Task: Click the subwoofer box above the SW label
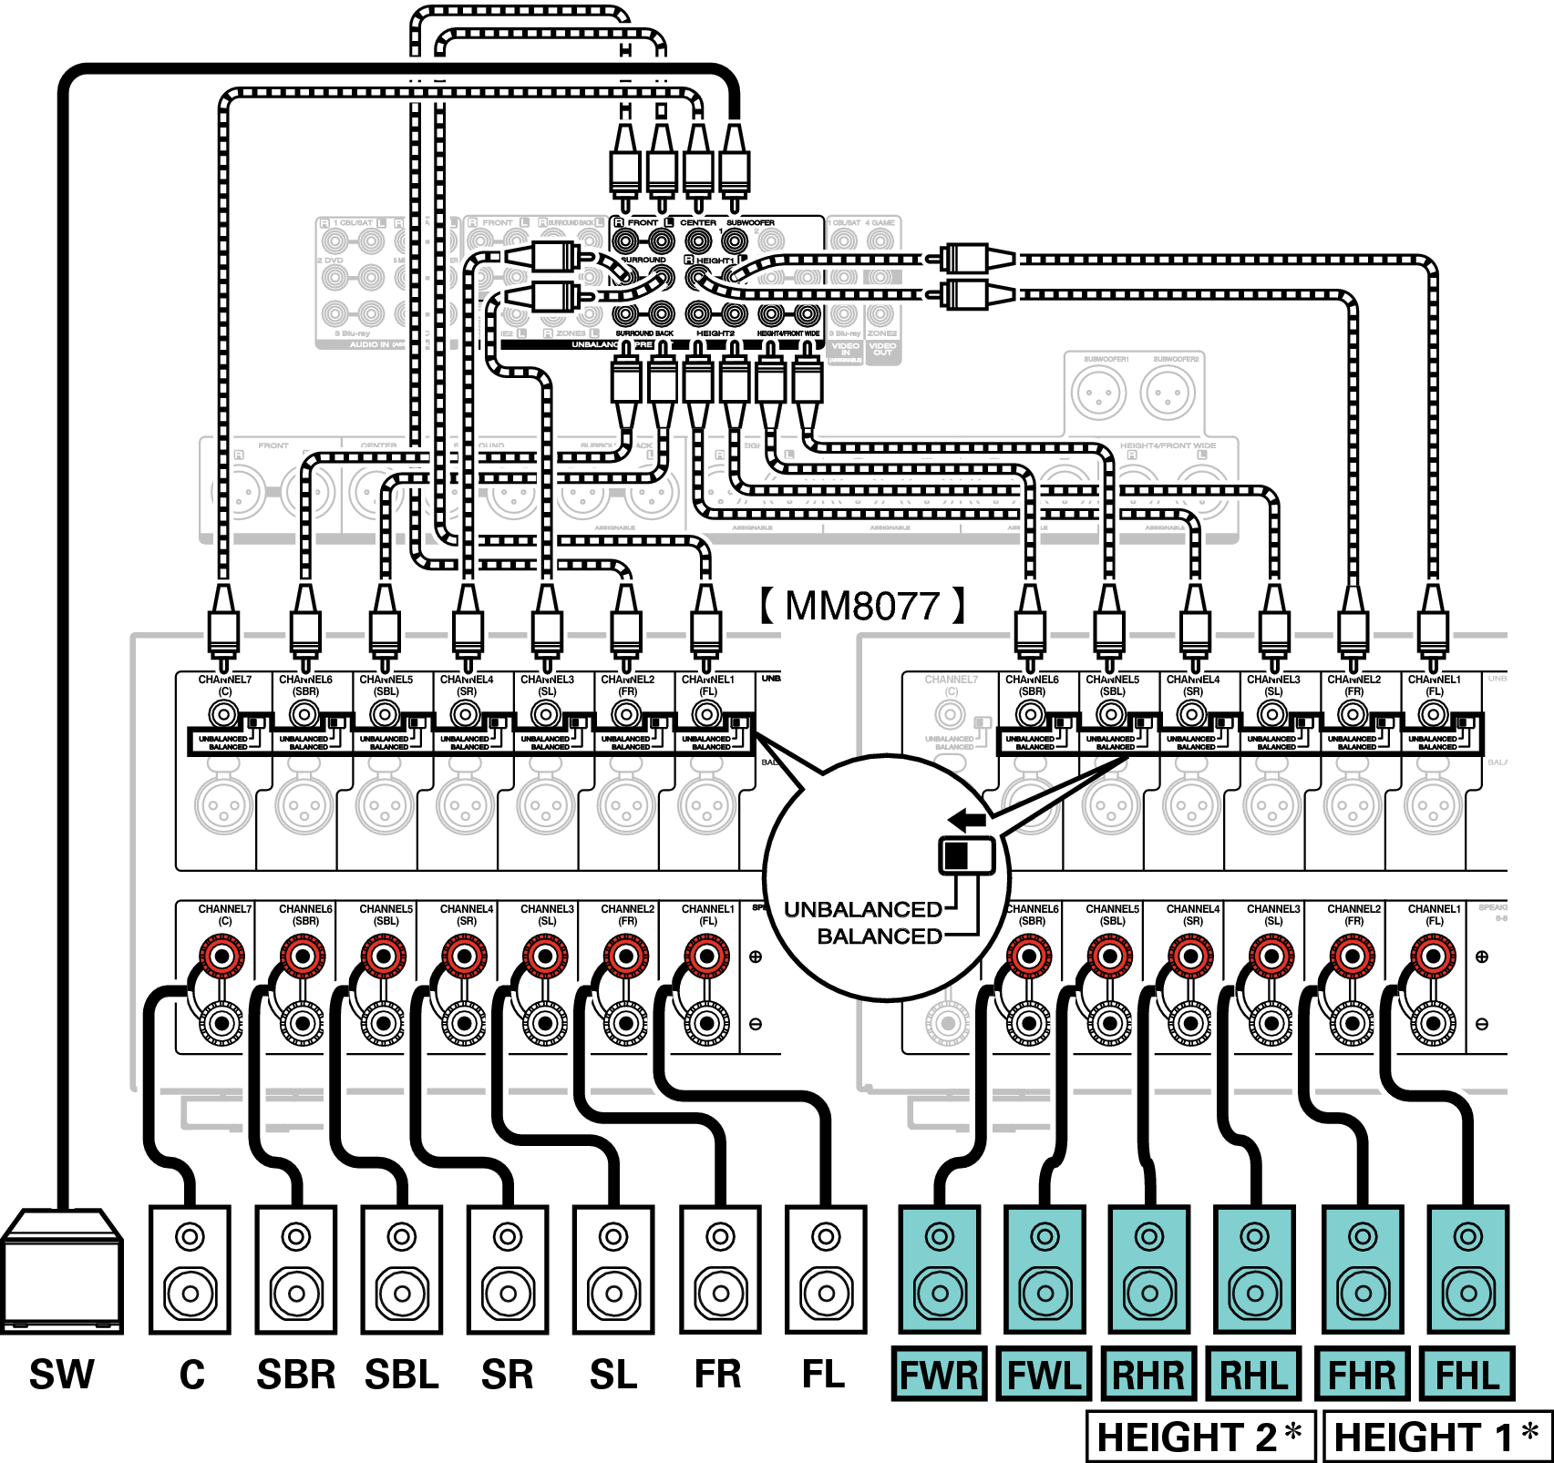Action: click(x=62, y=1271)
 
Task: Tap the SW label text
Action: click(x=62, y=1375)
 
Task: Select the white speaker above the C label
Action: click(x=190, y=1269)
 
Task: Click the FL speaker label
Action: click(x=823, y=1375)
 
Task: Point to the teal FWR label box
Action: click(x=939, y=1375)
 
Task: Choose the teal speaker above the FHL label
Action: click(x=1467, y=1269)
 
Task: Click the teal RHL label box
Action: click(x=1255, y=1375)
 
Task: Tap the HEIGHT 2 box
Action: click(x=1199, y=1437)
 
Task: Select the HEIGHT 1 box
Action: click(x=1436, y=1437)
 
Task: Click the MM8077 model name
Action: click(x=862, y=606)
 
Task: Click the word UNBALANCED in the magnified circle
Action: click(x=862, y=909)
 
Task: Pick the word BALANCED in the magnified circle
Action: click(x=880, y=936)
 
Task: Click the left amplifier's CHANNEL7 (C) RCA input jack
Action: click(x=223, y=714)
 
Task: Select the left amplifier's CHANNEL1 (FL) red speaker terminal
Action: click(x=706, y=957)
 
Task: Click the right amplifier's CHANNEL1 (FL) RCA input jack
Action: click(x=1434, y=714)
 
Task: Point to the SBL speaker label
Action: click(x=402, y=1375)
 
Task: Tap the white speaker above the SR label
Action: click(x=508, y=1269)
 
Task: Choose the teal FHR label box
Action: click(x=1362, y=1375)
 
